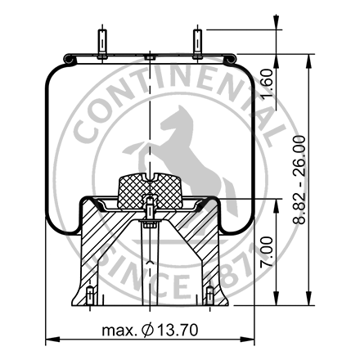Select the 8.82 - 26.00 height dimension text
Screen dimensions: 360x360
pyautogui.click(x=300, y=173)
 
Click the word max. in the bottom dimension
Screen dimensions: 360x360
pyautogui.click(x=119, y=331)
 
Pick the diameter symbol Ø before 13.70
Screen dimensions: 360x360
pyautogui.click(x=147, y=331)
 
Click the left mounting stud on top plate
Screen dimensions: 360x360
pyautogui.click(x=100, y=43)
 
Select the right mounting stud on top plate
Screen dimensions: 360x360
pyautogui.click(x=197, y=43)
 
